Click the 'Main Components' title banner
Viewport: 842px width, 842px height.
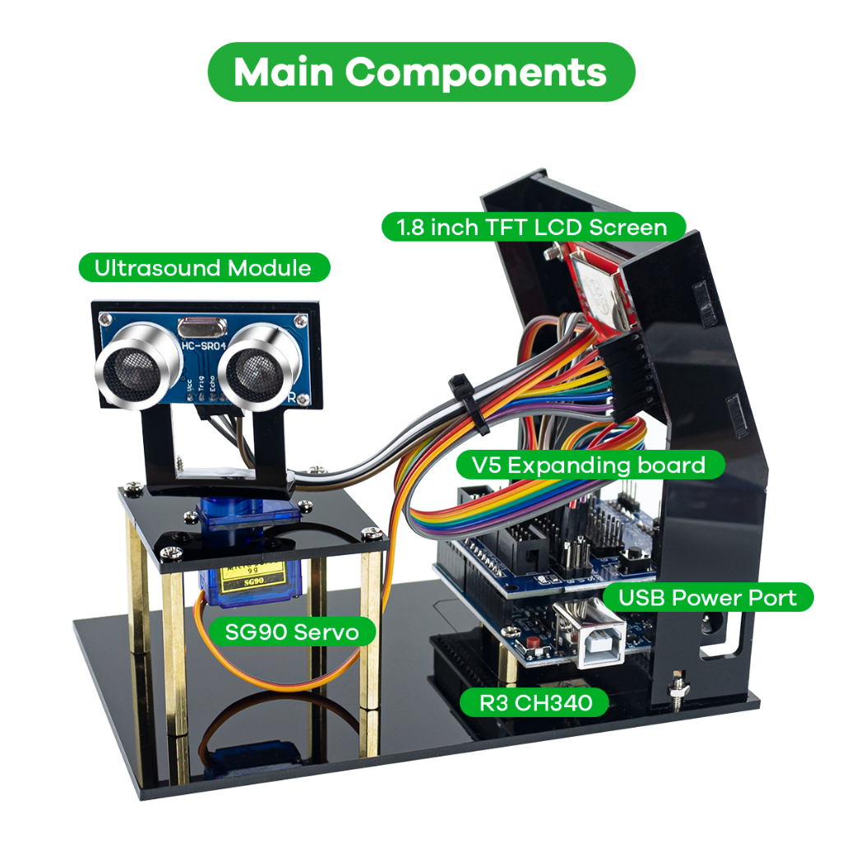click(421, 72)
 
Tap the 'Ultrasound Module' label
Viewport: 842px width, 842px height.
click(203, 268)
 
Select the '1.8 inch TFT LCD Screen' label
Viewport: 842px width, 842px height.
click(532, 227)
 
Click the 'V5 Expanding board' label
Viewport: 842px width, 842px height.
click(590, 465)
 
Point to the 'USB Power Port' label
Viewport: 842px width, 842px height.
click(707, 597)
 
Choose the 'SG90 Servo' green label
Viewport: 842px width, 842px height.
click(292, 632)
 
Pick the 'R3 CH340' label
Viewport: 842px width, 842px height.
click(535, 703)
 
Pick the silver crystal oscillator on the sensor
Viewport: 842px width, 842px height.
click(201, 326)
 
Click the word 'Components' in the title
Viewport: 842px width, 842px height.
click(477, 72)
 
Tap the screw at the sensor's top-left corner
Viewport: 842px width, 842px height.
click(104, 318)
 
